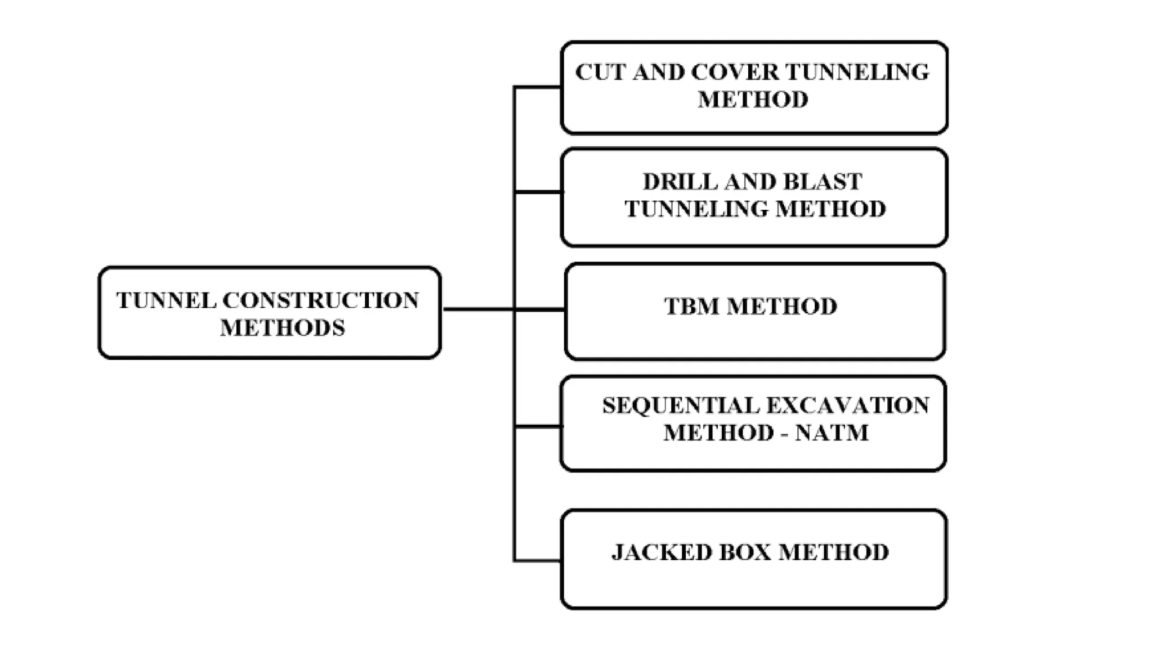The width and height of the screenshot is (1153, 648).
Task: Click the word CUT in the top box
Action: click(599, 73)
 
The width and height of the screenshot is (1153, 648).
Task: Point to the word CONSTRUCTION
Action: click(321, 301)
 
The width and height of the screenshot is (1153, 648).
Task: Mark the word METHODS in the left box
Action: click(282, 328)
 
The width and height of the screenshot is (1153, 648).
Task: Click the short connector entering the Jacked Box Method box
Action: click(537, 560)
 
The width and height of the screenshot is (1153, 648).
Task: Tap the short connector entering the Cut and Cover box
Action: click(537, 87)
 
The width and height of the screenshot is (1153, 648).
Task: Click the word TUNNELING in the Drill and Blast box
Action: click(696, 209)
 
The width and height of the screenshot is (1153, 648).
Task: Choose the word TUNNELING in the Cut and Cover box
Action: click(857, 73)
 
